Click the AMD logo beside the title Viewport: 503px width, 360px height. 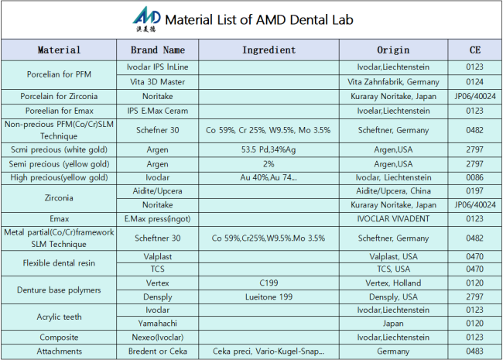tap(146, 19)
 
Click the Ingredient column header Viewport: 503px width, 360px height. tap(269, 50)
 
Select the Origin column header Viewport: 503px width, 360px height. tap(393, 50)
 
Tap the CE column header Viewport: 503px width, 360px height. tap(475, 50)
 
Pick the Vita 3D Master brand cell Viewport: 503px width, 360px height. tap(158, 82)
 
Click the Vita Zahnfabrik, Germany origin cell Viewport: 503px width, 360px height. tap(393, 82)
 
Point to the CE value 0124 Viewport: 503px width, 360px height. tap(475, 82)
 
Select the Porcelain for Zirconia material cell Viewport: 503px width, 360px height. tap(59, 96)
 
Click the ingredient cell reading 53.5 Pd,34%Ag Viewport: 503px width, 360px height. tap(269, 149)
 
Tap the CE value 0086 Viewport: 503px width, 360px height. tap(475, 177)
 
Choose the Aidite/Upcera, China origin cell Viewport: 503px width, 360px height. tap(393, 191)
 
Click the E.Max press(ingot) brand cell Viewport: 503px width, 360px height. tap(158, 219)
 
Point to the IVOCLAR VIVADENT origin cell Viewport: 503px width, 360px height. tap(393, 219)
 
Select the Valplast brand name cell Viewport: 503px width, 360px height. tap(158, 257)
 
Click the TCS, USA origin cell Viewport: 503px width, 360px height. tap(393, 269)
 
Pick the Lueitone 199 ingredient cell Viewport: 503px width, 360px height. tap(269, 297)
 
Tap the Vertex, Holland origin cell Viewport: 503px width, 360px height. tap(393, 283)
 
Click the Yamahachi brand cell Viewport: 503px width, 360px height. tap(158, 324)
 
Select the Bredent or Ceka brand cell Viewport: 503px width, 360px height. tap(158, 351)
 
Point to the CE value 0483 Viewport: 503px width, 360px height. tap(475, 351)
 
